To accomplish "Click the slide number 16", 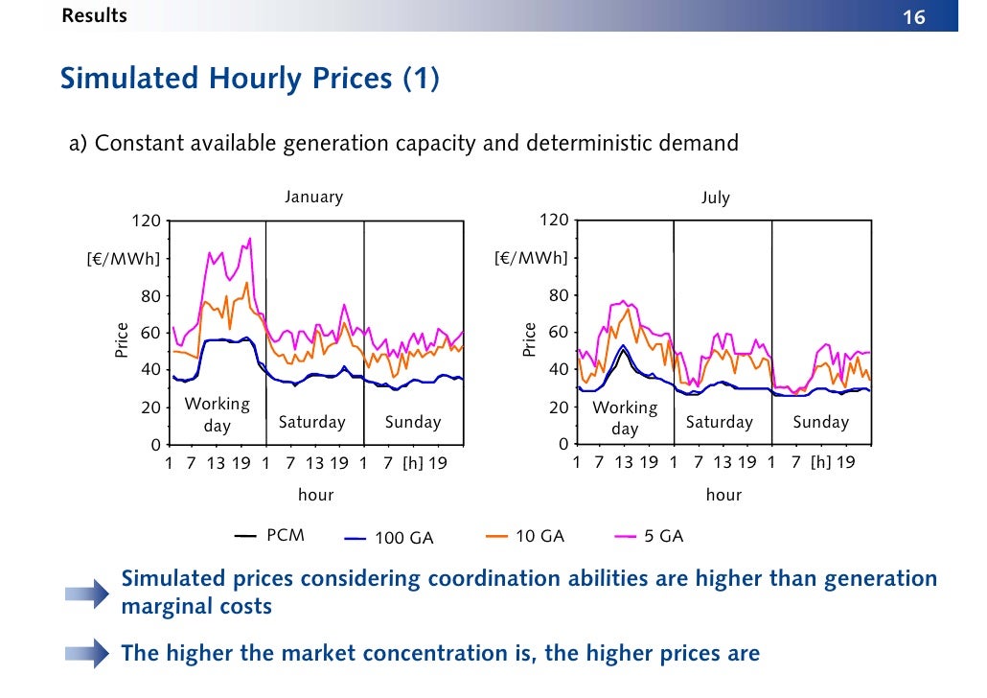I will tap(913, 17).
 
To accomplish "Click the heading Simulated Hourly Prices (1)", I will tap(250, 79).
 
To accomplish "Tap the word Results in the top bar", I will tap(94, 15).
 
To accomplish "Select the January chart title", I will tap(313, 197).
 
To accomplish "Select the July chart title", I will tap(715, 198).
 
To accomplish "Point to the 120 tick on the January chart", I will tap(146, 221).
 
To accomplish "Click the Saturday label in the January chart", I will tap(311, 422).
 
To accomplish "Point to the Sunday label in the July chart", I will tap(820, 422).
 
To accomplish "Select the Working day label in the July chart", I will tap(625, 418).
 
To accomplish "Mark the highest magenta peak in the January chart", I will tap(250, 239).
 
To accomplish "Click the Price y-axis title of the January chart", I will tap(122, 340).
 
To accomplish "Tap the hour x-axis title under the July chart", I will tap(723, 495).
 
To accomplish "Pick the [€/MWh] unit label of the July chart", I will tap(531, 258).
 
